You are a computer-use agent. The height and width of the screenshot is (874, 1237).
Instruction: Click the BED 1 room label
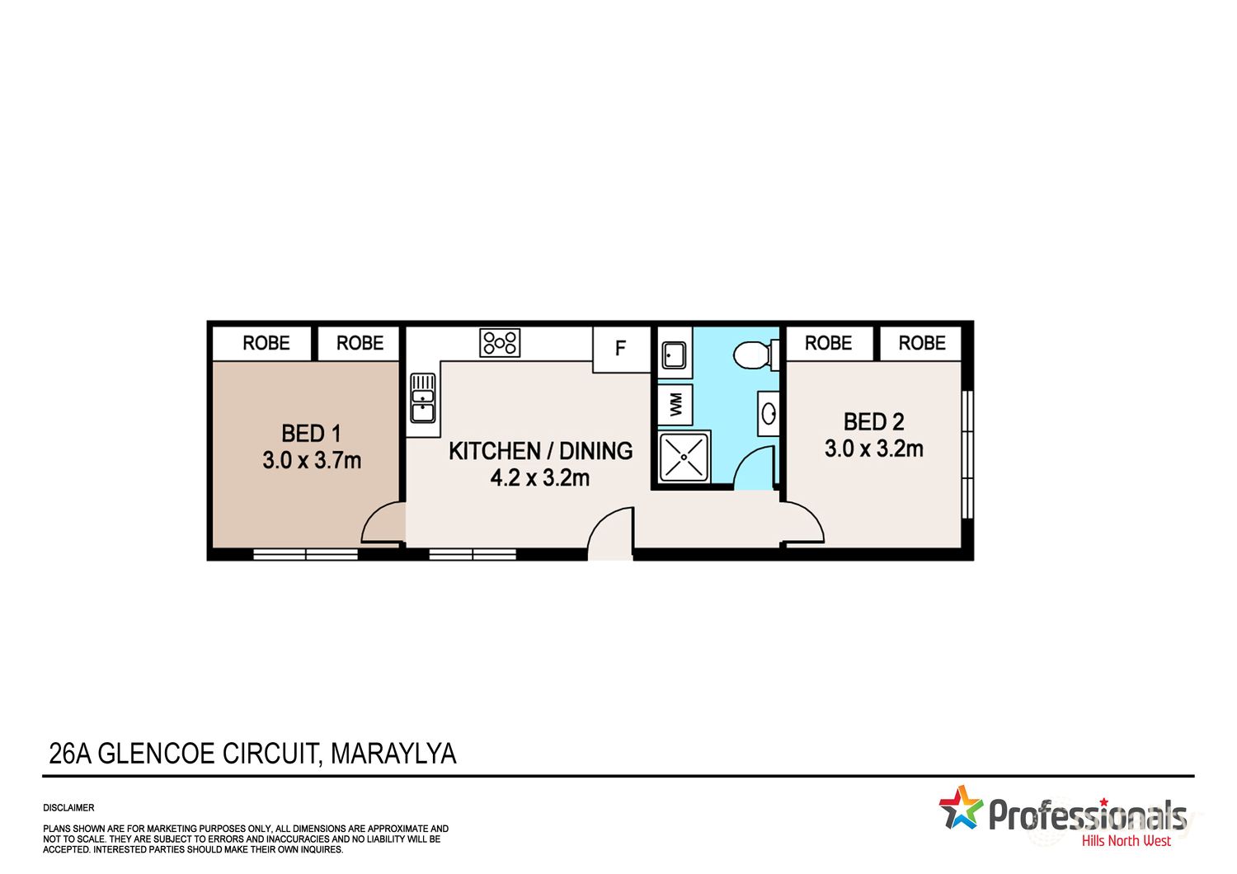coord(311,433)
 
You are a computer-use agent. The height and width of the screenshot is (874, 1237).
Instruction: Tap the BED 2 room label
coord(873,421)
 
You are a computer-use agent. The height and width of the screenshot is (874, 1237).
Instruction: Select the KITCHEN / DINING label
coord(540,451)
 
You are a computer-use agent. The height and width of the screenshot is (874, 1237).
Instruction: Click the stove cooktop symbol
coord(500,343)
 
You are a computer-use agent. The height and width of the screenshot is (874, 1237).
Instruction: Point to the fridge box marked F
coord(621,349)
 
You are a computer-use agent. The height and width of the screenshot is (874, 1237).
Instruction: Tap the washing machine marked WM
coord(675,404)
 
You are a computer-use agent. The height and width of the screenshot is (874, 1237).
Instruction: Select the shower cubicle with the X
coord(684,458)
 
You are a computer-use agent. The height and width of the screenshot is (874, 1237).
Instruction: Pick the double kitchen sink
coord(422,398)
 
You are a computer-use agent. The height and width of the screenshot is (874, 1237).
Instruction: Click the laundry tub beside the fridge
coord(675,355)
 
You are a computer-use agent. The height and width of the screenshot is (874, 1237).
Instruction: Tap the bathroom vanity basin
coord(769,413)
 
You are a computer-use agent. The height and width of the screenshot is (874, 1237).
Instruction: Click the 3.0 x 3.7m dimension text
coord(312,460)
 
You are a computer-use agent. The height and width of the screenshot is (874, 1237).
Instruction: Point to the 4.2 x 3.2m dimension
coord(540,477)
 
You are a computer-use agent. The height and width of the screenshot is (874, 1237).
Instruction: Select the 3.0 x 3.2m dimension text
coord(873,449)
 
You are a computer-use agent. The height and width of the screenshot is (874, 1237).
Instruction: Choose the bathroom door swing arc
coord(752,468)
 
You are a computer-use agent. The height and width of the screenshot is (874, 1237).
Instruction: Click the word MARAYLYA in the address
coord(393,754)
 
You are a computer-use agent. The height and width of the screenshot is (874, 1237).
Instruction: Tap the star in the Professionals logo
coord(961,807)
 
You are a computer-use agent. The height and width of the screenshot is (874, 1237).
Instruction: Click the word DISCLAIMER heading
coord(69,808)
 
